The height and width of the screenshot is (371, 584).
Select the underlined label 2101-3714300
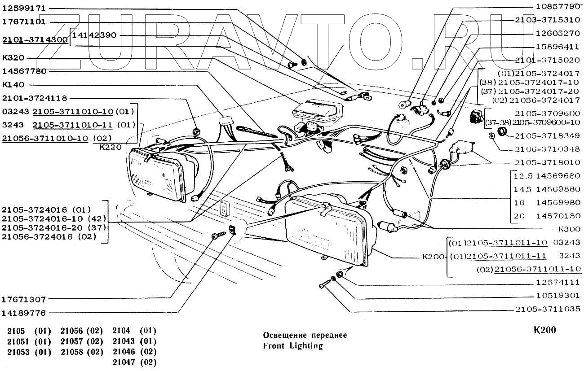point(35,39)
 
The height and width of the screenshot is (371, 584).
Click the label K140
point(13,84)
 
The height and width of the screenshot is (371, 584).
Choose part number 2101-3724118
point(35,98)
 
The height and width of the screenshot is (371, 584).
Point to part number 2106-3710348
point(547,148)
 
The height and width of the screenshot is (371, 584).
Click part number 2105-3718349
point(547,135)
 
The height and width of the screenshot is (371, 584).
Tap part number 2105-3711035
point(547,309)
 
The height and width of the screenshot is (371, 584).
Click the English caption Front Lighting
point(292,345)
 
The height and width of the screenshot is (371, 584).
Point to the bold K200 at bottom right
point(544,331)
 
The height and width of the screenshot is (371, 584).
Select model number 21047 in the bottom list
point(122,362)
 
